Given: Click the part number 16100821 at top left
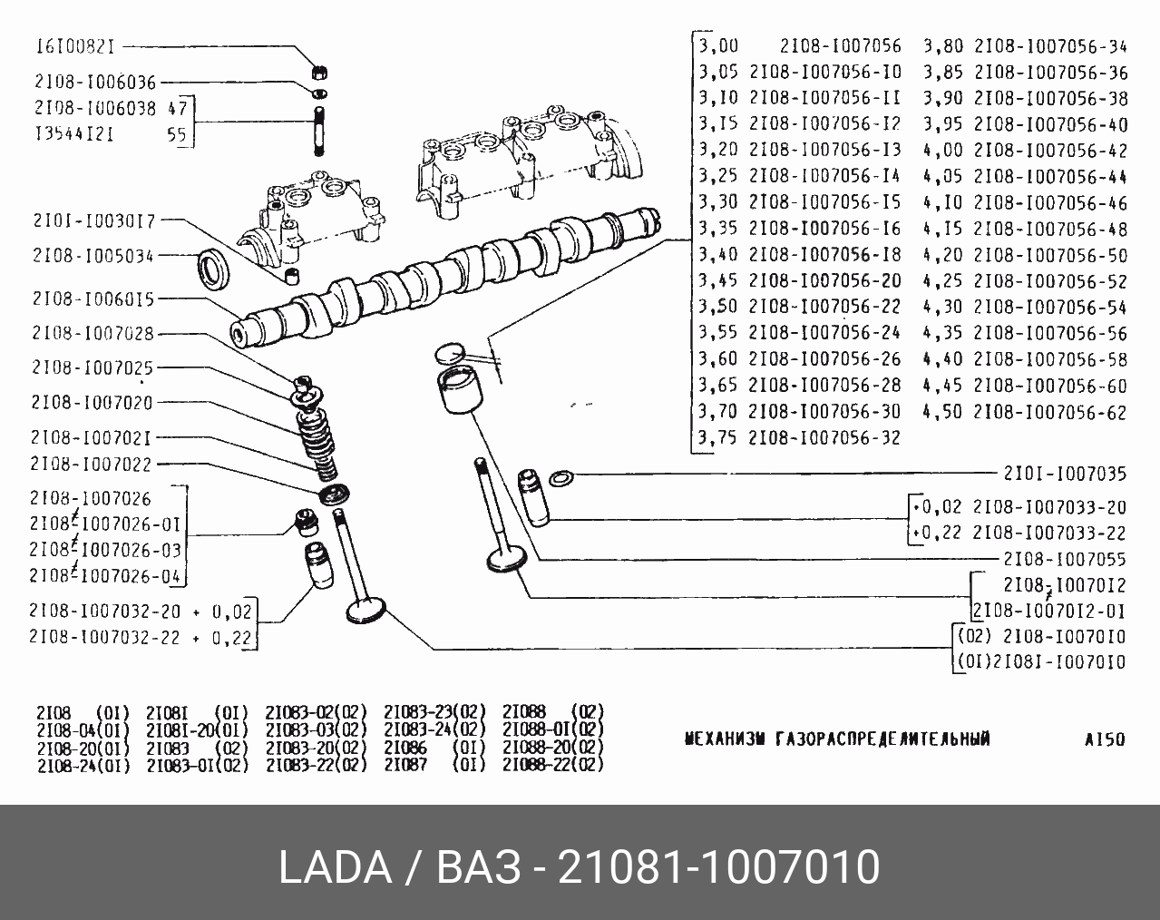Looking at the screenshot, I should click(x=78, y=46).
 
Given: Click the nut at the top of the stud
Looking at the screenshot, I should click(x=319, y=71).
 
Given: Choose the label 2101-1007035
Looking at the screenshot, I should click(x=1065, y=474).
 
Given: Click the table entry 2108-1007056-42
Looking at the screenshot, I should click(x=1050, y=151).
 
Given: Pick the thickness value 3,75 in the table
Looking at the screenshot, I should click(x=718, y=437).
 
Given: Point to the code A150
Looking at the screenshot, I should click(x=1104, y=739).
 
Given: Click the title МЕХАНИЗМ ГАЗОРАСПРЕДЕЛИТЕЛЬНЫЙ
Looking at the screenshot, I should click(x=836, y=739).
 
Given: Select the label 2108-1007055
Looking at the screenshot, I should click(x=1065, y=560).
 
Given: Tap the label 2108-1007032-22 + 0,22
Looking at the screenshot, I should click(x=140, y=638).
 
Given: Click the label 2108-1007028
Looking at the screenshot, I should click(x=93, y=334).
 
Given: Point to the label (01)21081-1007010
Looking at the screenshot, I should click(x=1041, y=662).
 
